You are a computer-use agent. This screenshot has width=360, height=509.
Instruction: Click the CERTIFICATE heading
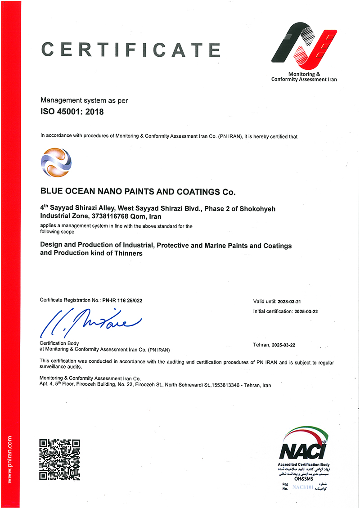click(x=130, y=49)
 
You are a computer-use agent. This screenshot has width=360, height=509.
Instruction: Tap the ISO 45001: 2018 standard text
click(x=72, y=112)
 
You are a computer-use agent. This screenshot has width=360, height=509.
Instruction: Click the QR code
click(x=60, y=459)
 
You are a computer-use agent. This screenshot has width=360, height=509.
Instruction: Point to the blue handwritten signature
click(x=90, y=322)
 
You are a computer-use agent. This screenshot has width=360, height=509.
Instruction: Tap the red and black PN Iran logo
click(x=304, y=45)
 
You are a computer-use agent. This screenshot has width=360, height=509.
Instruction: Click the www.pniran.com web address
click(x=10, y=459)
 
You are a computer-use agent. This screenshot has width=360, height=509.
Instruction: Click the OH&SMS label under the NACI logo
click(x=304, y=478)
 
